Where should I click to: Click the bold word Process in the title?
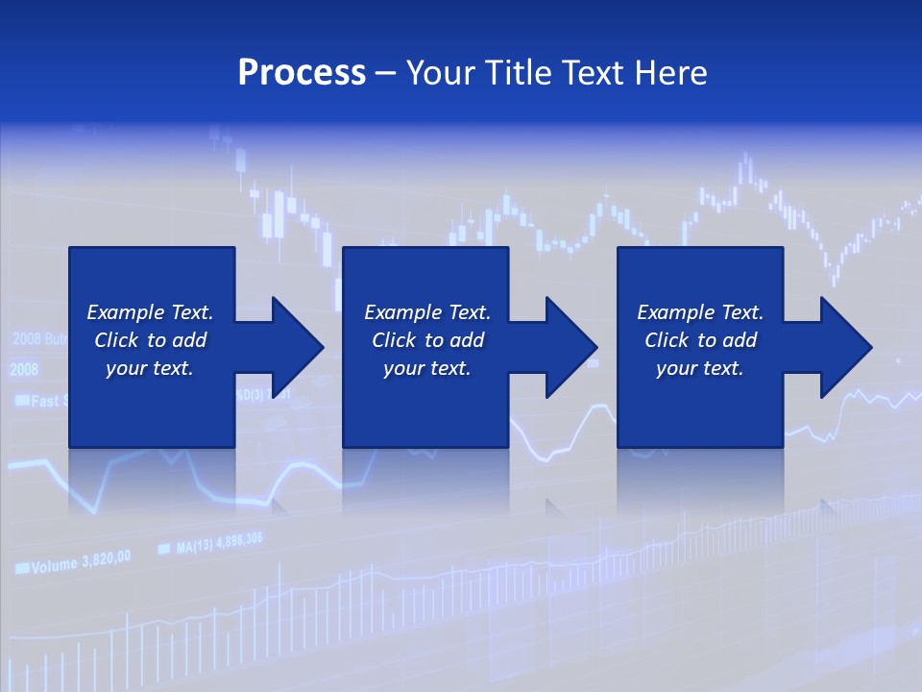[302, 73]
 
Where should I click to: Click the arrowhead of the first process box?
[298, 347]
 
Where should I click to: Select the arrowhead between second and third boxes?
[571, 347]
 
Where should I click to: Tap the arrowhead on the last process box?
[846, 347]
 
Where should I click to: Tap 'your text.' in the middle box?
[426, 368]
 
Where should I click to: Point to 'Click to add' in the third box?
[700, 340]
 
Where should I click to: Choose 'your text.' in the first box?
[150, 368]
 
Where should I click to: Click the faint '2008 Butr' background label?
[38, 338]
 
